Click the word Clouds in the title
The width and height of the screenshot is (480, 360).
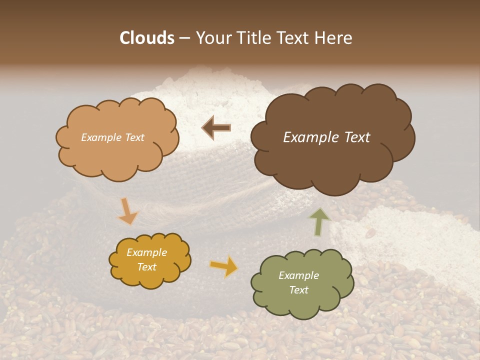(147, 38)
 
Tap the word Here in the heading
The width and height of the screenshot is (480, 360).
(333, 38)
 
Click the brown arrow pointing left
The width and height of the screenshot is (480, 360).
(216, 127)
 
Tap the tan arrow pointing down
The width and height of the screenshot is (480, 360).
(127, 211)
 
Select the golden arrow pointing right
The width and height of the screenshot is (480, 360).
(224, 266)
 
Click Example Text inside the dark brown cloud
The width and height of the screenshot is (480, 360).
(326, 137)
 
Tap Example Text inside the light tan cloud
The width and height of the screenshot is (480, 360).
(112, 137)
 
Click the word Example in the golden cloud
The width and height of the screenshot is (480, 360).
(147, 252)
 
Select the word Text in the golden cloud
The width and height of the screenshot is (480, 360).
(147, 267)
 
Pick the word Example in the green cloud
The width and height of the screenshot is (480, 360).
(298, 275)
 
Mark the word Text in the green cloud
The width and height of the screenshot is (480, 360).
(298, 290)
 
